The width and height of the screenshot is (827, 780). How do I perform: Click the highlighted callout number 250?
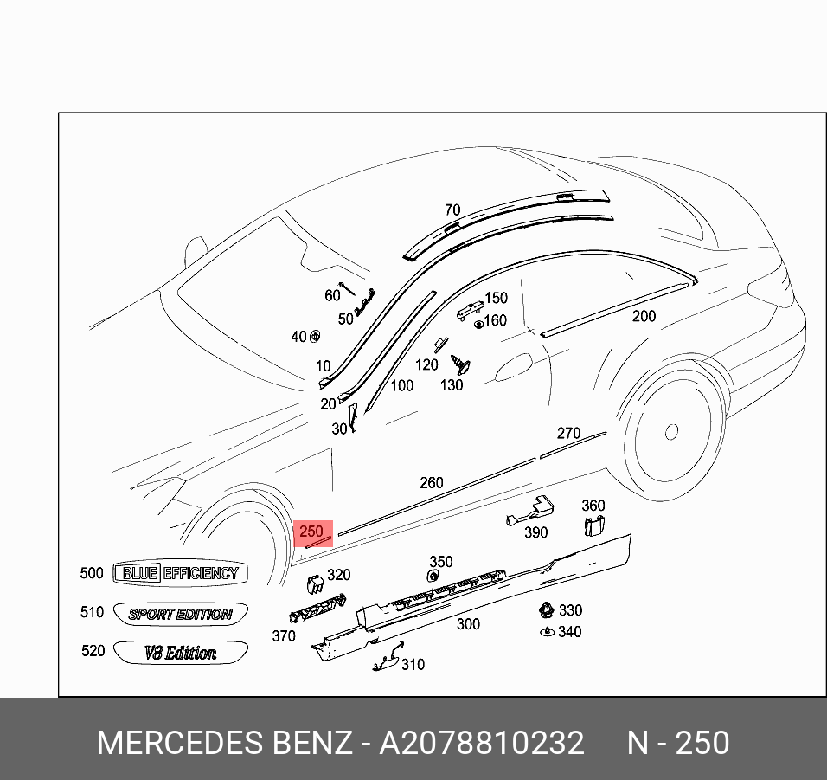point(311,532)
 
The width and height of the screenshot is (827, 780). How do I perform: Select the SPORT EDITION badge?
point(180,614)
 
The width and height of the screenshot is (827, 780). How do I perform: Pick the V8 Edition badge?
point(180,653)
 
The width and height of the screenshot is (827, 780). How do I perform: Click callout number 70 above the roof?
point(452,210)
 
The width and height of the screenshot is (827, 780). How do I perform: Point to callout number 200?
point(644,317)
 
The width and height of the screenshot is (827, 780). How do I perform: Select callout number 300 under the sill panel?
point(468,624)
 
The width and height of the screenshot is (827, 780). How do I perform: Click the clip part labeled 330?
point(546,609)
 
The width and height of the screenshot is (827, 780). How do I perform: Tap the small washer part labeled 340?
point(546,632)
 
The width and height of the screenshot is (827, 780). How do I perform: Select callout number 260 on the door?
point(431,483)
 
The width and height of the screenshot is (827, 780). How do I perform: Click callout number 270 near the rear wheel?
point(568,434)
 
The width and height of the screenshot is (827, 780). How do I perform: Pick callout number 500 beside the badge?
point(91,573)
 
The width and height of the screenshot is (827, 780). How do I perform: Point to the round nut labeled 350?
point(433,576)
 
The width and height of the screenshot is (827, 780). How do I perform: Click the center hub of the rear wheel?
point(671,430)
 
